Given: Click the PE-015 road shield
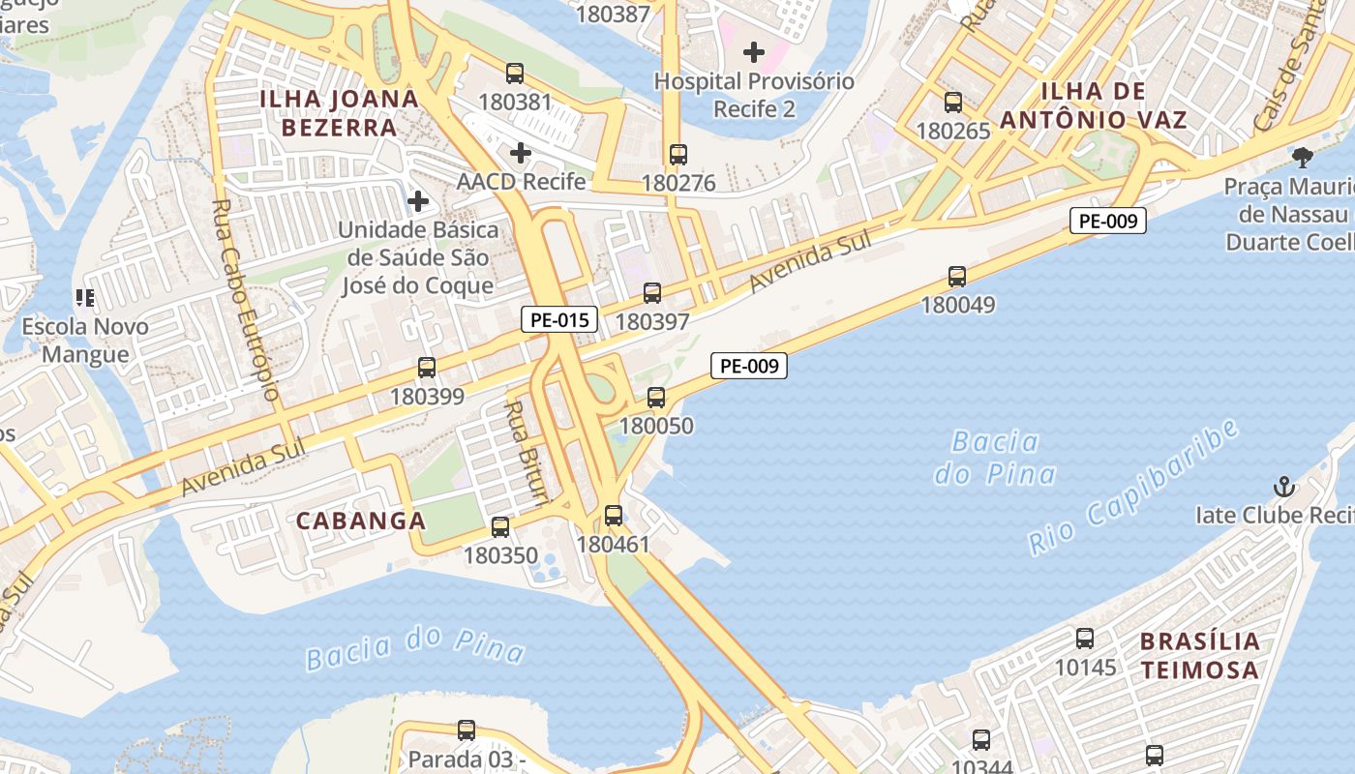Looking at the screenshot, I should [559, 319].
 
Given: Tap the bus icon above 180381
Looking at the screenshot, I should [515, 74].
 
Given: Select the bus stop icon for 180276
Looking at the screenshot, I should [678, 155].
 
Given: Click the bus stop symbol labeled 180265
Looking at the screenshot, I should [953, 103].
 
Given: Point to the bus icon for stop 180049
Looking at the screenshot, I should [957, 277].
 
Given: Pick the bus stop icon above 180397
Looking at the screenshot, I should [652, 293].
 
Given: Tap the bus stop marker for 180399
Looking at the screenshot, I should [427, 368].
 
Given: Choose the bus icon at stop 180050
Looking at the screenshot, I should [656, 398].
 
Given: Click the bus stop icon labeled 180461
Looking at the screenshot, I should [614, 516].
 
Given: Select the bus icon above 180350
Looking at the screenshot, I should [500, 527].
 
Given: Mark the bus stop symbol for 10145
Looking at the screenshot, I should [1085, 639].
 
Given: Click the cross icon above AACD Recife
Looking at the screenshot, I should [521, 153].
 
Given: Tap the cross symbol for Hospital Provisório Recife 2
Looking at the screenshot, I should [754, 52].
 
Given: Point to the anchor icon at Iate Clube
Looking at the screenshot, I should [1284, 486].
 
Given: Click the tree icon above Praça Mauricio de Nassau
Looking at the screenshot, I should [1303, 157].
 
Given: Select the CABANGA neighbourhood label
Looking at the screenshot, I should [361, 521].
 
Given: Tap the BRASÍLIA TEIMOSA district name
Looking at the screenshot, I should [1200, 655].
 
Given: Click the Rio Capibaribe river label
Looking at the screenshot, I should [1133, 488].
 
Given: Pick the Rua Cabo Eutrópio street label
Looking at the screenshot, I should [245, 300].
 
